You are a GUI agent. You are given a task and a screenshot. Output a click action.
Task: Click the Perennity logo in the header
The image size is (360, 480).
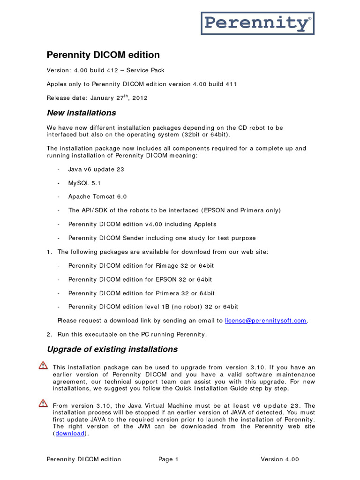[257, 23]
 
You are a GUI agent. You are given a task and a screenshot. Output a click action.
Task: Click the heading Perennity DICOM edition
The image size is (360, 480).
[103, 55]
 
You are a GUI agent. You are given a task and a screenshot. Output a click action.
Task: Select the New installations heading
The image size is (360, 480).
[81, 113]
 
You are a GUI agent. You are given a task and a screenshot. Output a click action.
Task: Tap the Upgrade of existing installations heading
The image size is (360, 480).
[112, 349]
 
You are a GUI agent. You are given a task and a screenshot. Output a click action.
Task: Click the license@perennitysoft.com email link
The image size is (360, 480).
[266, 321]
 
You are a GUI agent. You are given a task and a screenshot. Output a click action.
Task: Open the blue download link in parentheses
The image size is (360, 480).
[70, 434]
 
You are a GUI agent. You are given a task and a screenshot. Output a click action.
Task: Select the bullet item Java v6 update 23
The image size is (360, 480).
[96, 169]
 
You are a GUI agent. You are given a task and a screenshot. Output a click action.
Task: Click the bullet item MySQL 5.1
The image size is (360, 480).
[84, 183]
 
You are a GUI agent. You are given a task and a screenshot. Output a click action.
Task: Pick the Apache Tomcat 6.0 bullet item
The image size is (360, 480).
[97, 197]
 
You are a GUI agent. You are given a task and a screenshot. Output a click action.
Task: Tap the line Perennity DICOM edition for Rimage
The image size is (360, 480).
[141, 266]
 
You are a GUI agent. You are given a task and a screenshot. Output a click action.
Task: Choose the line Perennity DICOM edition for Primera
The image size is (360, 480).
[141, 293]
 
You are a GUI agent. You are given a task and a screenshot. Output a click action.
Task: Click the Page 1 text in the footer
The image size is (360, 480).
[168, 459]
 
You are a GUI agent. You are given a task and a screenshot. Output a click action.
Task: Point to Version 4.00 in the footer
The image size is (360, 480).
[280, 459]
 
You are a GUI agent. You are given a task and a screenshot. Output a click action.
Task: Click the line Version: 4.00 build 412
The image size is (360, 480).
[105, 70]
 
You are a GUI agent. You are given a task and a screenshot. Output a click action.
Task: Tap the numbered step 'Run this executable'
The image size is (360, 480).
[132, 334]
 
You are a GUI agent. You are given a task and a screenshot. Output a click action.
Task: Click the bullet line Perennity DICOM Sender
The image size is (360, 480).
[162, 238]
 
